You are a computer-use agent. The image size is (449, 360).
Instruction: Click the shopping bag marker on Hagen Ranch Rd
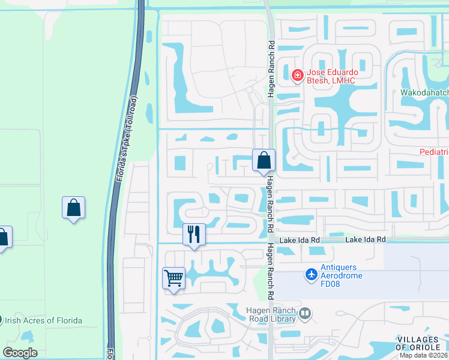coord(264,160)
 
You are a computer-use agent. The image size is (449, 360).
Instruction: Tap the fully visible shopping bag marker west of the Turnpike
coord(73,208)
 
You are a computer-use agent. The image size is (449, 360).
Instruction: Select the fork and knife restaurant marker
coord(194,234)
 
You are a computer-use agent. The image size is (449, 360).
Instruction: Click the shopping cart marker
coord(173,278)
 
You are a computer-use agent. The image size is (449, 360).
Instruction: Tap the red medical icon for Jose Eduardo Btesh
coord(297,76)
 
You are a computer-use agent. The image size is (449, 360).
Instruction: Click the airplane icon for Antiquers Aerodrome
coord(311,274)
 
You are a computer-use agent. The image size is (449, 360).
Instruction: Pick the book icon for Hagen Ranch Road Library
coord(305,313)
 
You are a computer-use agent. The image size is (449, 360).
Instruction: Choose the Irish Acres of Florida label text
coord(43,320)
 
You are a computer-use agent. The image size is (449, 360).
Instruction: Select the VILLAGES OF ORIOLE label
coord(422,344)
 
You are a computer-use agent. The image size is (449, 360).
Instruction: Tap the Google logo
coord(20,353)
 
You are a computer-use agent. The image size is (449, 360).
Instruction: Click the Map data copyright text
coord(424,355)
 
